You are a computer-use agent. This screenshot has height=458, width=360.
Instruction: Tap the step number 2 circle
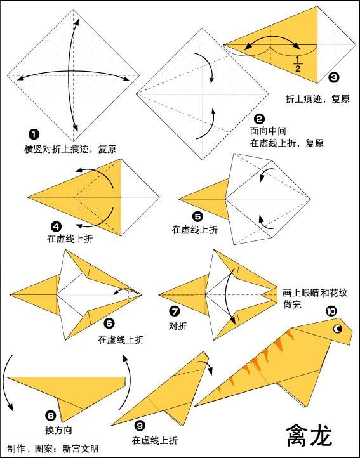tap(258, 119)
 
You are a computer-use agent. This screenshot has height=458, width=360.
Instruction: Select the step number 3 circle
tap(334, 78)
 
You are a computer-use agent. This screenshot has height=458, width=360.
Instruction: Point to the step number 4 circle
tap(56, 225)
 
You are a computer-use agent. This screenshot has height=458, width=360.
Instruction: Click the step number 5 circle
tap(197, 216)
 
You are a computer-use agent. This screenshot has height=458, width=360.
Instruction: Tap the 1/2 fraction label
tap(297, 63)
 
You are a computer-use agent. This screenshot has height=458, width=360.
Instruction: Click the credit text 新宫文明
tap(81, 448)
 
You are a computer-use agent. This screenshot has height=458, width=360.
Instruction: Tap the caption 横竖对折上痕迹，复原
tap(70, 149)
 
